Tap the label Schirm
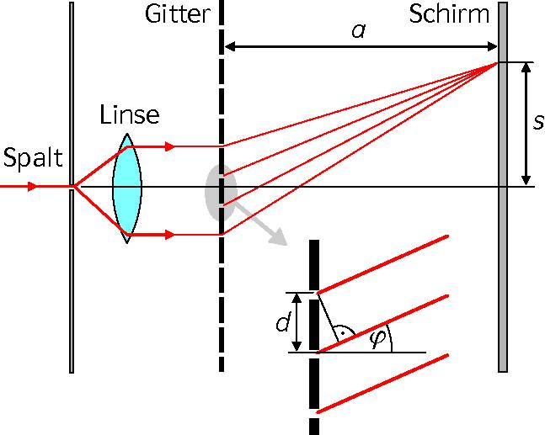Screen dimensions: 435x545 449,14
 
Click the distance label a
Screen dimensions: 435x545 358,31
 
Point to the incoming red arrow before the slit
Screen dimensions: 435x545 25,186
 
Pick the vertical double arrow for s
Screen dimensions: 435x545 526,124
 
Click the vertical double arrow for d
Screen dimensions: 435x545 297,322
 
